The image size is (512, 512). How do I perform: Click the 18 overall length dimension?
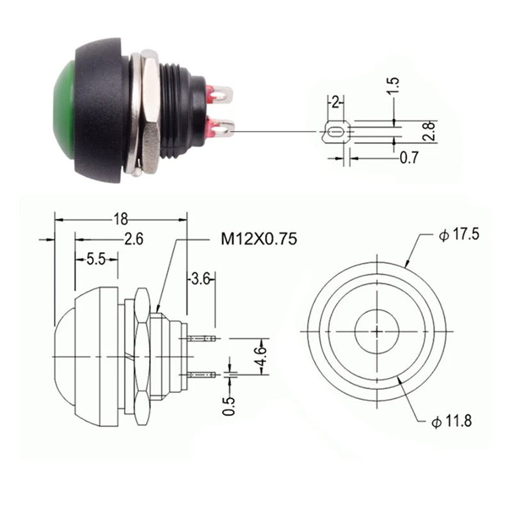click(120, 219)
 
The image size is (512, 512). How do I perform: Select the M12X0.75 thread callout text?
click(259, 239)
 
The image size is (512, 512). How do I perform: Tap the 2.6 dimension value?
click(134, 239)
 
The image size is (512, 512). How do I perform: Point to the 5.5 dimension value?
click(96, 260)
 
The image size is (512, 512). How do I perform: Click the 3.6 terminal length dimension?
click(200, 279)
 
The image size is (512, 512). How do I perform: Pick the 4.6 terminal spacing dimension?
click(261, 356)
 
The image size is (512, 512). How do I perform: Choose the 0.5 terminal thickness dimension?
click(229, 406)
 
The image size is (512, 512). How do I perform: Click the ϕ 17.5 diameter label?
click(459, 234)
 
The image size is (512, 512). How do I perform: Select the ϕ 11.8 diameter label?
click(452, 421)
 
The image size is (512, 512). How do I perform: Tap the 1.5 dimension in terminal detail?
click(393, 86)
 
